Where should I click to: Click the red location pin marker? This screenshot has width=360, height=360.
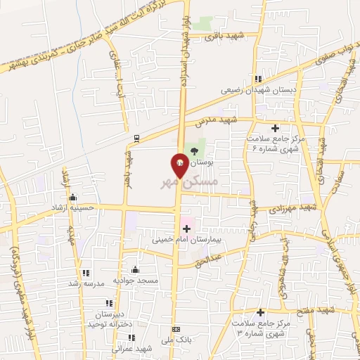pos(180,164)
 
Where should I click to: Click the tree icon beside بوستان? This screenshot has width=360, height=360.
pos(194,148)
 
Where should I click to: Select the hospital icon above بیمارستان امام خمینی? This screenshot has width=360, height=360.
pos(186,228)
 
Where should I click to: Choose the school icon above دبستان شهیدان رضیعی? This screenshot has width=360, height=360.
pos(259,78)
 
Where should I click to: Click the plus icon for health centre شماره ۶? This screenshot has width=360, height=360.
pos(275,127)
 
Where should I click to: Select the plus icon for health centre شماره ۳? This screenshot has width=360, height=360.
pos(260,311)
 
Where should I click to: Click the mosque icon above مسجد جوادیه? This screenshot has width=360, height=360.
pos(134,270)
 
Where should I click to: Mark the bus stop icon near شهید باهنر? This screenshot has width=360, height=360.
pos(136,137)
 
